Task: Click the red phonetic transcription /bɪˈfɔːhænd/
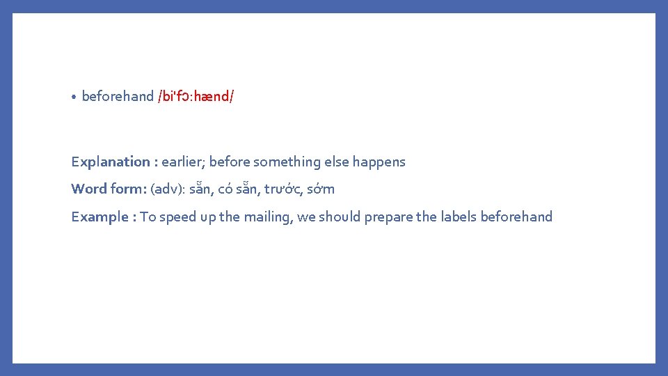pyautogui.click(x=196, y=96)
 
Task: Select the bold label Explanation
pyautogui.click(x=110, y=162)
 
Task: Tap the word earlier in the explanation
pyautogui.click(x=182, y=162)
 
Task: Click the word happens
pyautogui.click(x=379, y=162)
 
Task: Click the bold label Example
pyautogui.click(x=100, y=217)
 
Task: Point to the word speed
pyautogui.click(x=177, y=217)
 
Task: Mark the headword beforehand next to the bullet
pyautogui.click(x=118, y=96)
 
